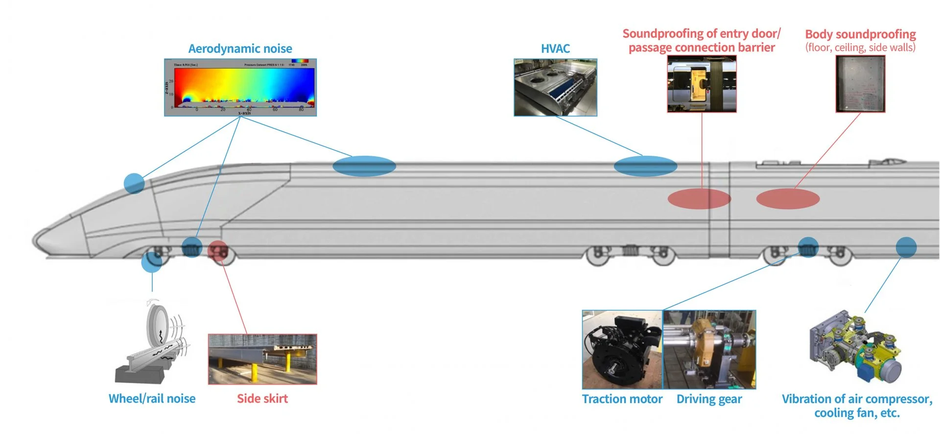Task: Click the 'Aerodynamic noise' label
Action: pyautogui.click(x=240, y=48)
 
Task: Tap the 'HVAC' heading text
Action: pyautogui.click(x=555, y=48)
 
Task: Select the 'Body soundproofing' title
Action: pyautogui.click(x=860, y=34)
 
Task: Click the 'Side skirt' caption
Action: pyautogui.click(x=262, y=399)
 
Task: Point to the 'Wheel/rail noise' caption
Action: pyautogui.click(x=152, y=399)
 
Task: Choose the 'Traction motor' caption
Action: pyautogui.click(x=622, y=399)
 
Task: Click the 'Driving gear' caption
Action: pyautogui.click(x=709, y=399)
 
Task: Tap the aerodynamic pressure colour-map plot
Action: pyautogui.click(x=240, y=88)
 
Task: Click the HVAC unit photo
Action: pyautogui.click(x=555, y=88)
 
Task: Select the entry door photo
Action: pyautogui.click(x=702, y=84)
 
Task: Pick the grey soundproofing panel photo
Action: pyautogui.click(x=860, y=84)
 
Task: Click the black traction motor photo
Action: pyautogui.click(x=622, y=350)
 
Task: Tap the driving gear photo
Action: pyautogui.click(x=709, y=350)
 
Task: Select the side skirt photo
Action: pyautogui.click(x=262, y=359)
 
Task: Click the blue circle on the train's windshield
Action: pyautogui.click(x=134, y=183)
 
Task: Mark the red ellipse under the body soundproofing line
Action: pyautogui.click(x=788, y=199)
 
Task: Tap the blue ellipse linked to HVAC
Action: pyautogui.click(x=645, y=166)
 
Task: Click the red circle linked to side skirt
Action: pyautogui.click(x=217, y=250)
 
